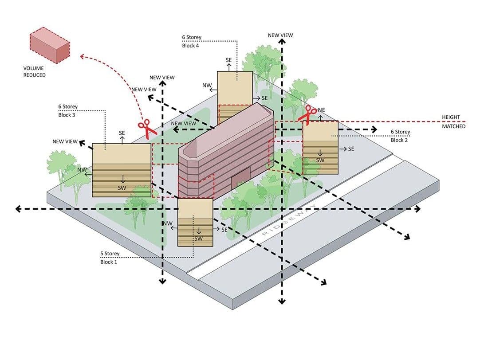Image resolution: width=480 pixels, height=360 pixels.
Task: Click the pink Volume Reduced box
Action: pos(50,45)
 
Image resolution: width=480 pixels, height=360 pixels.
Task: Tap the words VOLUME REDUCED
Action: pos(35,72)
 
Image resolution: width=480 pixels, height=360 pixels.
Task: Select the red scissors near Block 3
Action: pos(147,129)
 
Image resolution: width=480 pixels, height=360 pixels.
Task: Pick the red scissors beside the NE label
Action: pos(307,115)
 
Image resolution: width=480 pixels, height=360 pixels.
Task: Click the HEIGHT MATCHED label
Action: pos(453,122)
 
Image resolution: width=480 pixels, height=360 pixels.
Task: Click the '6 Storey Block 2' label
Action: pos(400,136)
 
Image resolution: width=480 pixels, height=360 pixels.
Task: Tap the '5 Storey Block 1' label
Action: pos(110,258)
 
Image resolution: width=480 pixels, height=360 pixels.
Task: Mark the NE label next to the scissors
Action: pos(322,110)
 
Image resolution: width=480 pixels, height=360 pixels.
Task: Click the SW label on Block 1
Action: pos(198,239)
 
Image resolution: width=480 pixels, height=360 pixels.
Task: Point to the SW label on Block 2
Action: pos(320,160)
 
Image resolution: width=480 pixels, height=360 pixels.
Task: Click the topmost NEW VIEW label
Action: pos(280,35)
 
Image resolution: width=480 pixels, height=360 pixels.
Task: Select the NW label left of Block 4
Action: pos(207,85)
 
